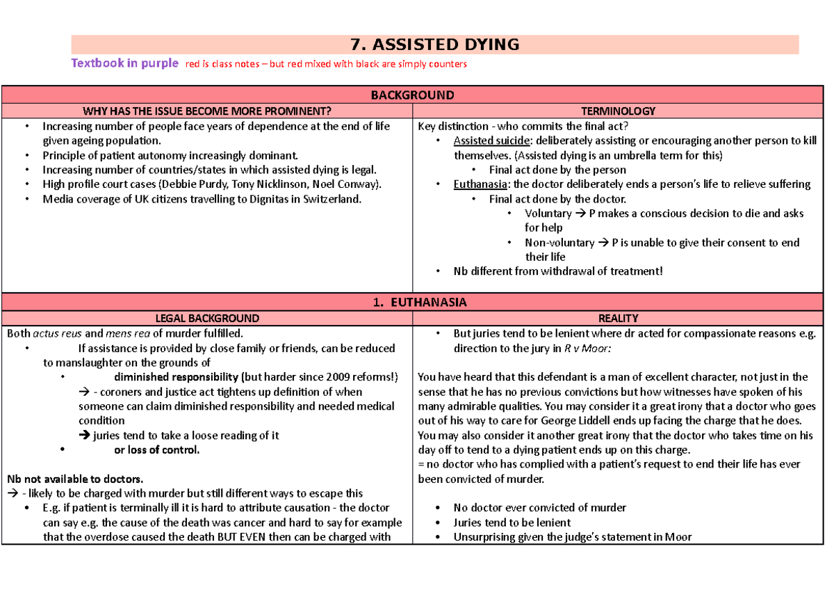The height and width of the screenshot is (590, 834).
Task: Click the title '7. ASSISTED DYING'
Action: coord(436,45)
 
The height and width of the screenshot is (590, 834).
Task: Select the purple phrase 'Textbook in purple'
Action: coord(124,63)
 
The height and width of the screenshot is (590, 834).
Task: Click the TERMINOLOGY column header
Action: coord(619,111)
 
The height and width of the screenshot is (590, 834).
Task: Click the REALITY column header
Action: coord(618,318)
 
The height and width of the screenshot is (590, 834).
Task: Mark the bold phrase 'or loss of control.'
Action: coord(156,449)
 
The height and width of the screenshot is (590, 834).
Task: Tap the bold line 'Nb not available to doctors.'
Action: coord(75,479)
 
